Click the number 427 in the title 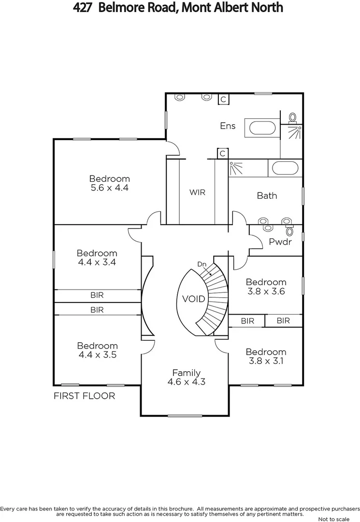click(84, 8)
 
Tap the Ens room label click(228, 126)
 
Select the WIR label click(197, 192)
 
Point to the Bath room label click(267, 196)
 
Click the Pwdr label click(280, 242)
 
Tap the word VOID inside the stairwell click(194, 299)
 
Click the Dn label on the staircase click(202, 264)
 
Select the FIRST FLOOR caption click(84, 396)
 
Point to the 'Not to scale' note click(333, 519)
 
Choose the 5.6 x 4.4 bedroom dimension click(109, 188)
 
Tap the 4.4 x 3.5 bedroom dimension click(97, 355)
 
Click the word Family click(187, 373)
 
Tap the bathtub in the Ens click(261, 128)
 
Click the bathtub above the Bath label click(285, 169)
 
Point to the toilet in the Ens click(292, 117)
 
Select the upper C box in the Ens click(223, 100)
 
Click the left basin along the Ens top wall click(180, 97)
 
